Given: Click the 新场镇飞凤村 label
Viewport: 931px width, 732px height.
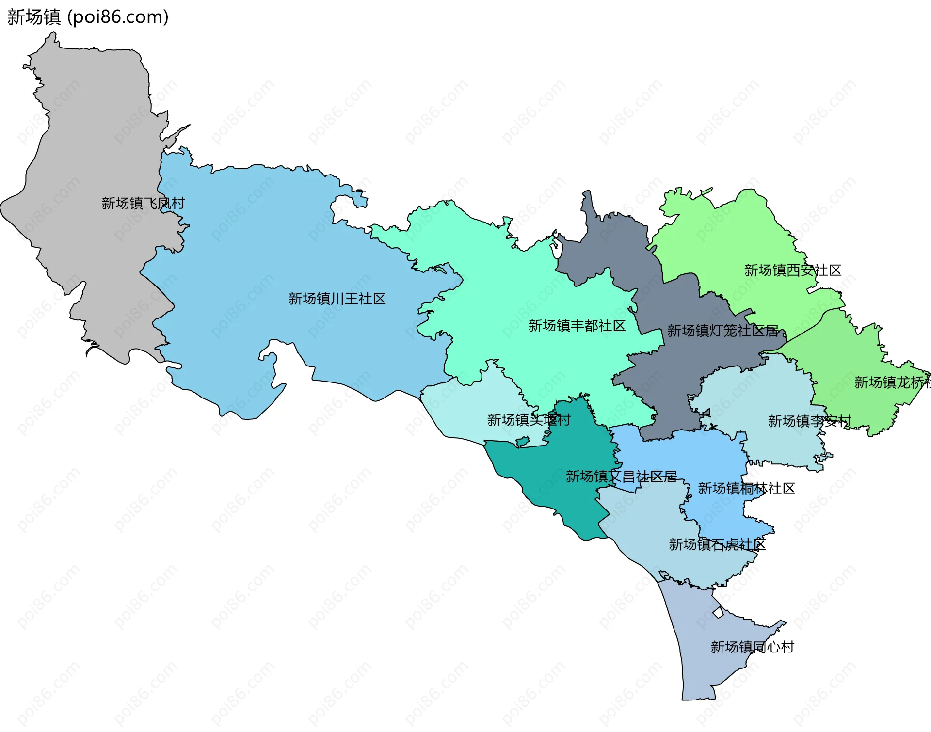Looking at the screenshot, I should tap(143, 203).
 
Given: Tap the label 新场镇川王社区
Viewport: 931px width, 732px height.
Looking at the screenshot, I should tap(337, 299).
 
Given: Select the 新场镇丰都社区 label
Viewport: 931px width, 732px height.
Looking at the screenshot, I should tap(577, 326).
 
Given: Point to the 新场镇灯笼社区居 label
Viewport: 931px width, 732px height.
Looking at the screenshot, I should tap(722, 331).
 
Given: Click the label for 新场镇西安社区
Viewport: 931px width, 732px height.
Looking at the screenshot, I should tap(792, 271).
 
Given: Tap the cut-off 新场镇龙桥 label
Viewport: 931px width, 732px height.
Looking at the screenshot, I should tap(891, 382).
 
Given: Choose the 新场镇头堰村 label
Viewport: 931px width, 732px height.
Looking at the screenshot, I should tap(529, 420).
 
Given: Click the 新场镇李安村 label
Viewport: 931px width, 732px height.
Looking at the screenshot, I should tap(809, 421).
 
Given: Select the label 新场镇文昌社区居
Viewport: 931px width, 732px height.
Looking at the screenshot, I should tap(621, 477).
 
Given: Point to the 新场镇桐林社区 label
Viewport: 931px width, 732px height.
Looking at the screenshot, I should tap(746, 489).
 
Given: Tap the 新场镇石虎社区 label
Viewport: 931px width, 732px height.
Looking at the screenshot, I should tap(717, 545).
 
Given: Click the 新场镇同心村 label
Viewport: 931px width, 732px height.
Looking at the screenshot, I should tap(752, 647).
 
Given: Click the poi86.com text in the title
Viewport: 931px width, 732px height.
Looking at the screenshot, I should tap(118, 17).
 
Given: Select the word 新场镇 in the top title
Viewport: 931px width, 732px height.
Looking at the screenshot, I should tap(34, 17).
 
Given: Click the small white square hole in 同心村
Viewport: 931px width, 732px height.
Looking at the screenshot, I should tap(718, 612).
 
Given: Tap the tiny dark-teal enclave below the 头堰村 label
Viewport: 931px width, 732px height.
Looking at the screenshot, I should tap(522, 442).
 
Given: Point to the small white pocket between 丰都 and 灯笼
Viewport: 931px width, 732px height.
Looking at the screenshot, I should tap(556, 249).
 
